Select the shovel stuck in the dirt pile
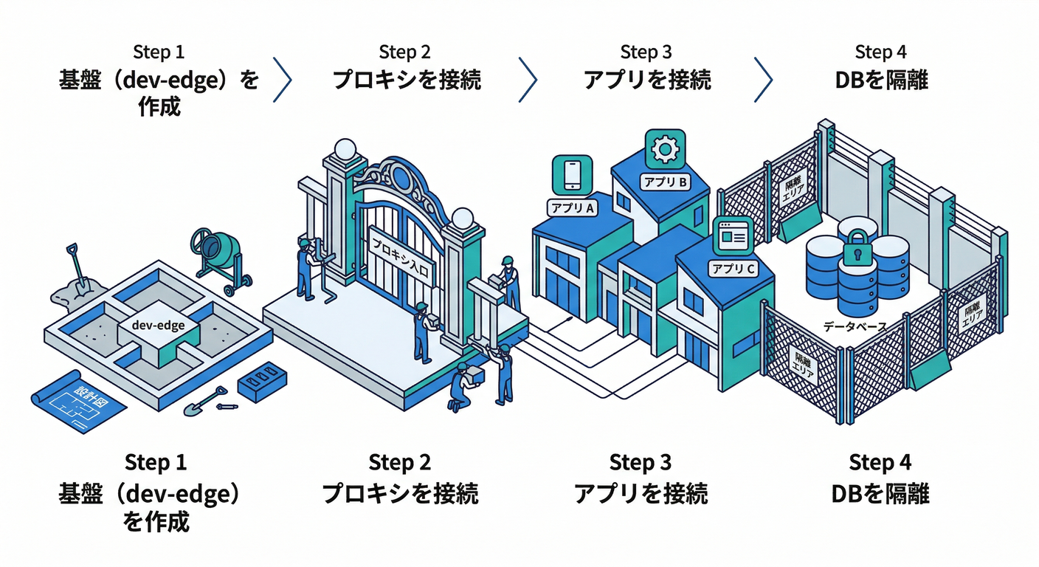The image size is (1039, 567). tap(76, 269)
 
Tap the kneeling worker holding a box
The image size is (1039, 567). tap(463, 386)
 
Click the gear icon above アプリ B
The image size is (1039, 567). tap(665, 150)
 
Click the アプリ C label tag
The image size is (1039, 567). tap(733, 269)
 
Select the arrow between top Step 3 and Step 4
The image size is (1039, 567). tap(763, 80)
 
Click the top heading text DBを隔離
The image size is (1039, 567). tap(881, 80)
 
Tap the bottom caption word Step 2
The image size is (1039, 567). tap(400, 464)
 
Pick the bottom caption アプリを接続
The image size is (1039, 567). tap(641, 493)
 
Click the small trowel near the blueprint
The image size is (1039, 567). tap(214, 400)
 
